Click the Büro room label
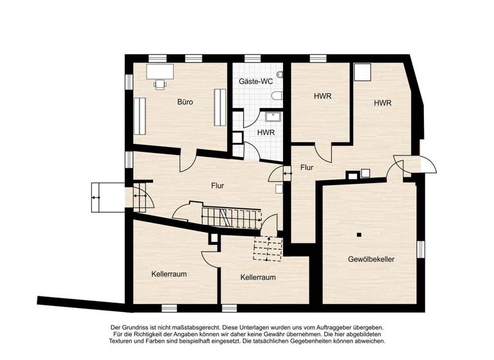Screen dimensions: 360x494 coord(185,102)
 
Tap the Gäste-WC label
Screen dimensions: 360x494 coord(255,82)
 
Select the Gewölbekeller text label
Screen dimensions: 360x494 coord(370,259)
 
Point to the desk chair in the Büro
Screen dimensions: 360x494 coord(160,83)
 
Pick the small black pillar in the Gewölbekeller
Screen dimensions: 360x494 coord(360,233)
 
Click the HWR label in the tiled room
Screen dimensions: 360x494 coord(266,132)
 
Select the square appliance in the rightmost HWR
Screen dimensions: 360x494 coord(364,72)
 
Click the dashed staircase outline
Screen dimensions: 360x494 coord(268,248)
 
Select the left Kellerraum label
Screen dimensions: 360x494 coord(169,274)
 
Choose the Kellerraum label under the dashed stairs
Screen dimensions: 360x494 coord(258,278)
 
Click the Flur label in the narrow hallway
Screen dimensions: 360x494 coord(307,168)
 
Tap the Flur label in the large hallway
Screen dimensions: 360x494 coord(218,186)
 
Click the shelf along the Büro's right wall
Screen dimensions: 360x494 coord(220,107)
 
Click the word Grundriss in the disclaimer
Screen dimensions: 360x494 coord(143,327)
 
